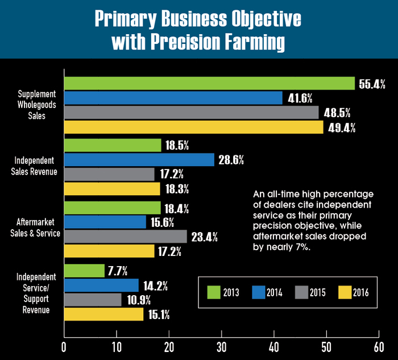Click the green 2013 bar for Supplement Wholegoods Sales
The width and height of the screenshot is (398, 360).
pos(209,84)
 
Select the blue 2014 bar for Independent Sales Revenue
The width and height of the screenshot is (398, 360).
pos(139,160)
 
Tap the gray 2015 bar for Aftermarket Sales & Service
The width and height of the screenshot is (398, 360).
pos(125,236)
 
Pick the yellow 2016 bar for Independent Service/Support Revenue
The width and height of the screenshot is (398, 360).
pos(103,314)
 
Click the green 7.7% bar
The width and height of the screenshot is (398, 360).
pos(84,271)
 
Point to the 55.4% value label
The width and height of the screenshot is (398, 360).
pos(372,84)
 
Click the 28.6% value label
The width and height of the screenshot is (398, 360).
pos(230,160)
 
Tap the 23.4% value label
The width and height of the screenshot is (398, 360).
pos(204,237)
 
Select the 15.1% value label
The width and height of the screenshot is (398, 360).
pos(160,315)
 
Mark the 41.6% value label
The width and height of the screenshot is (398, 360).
pos(299,98)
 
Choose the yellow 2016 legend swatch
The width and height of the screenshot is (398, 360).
pos(346,293)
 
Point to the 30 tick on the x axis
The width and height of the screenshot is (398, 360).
pos(221,346)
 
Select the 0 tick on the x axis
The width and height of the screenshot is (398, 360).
pos(64,346)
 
